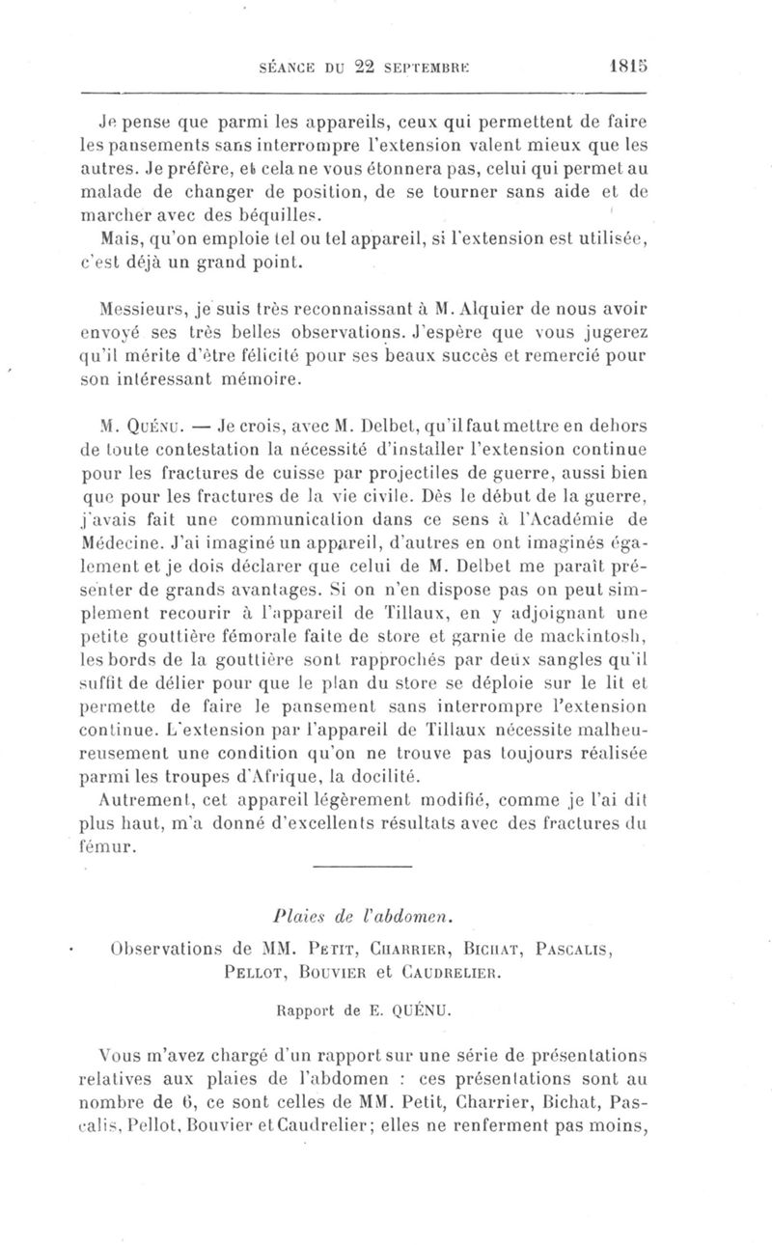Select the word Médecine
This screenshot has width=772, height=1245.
coord(116,544)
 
